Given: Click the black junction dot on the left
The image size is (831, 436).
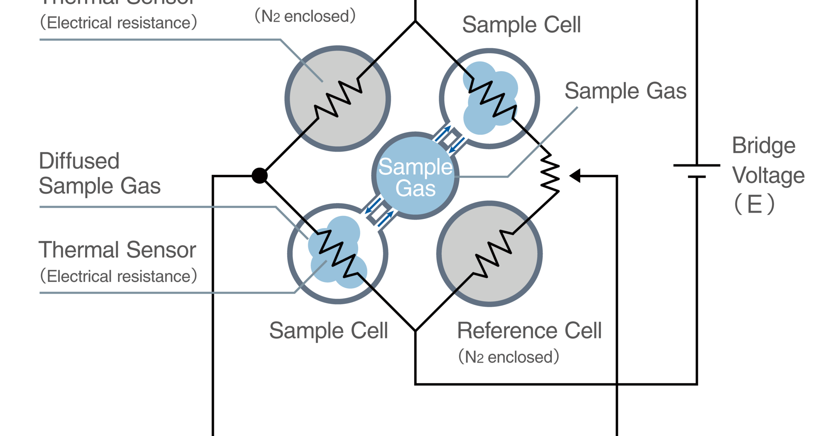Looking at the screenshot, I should click(x=259, y=176).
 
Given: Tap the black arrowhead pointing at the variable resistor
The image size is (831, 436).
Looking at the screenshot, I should click(x=575, y=176).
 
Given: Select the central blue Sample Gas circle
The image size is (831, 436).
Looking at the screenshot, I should click(x=415, y=176).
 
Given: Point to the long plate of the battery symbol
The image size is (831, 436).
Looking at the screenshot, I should click(x=697, y=165).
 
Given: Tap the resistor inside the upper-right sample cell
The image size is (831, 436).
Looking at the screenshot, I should click(x=493, y=98).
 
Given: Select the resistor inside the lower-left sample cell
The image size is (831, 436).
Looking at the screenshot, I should click(x=338, y=253).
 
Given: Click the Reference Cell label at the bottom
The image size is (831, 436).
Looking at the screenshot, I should click(x=529, y=331).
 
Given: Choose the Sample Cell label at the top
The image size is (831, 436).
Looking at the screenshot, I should click(x=521, y=25).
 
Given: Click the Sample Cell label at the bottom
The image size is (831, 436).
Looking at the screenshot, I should click(x=328, y=331).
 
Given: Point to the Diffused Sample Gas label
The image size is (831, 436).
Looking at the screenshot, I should click(x=99, y=173).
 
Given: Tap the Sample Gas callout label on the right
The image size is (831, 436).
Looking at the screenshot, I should click(x=625, y=91).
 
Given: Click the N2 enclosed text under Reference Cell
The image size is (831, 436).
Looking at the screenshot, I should click(x=509, y=357).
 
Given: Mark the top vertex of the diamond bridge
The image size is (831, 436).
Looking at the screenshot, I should click(x=415, y=21).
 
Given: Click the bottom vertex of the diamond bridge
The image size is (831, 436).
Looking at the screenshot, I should click(x=415, y=331).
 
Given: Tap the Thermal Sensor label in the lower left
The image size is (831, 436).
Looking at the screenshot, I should click(x=117, y=250).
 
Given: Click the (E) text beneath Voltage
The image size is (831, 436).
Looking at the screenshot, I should click(x=754, y=204).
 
